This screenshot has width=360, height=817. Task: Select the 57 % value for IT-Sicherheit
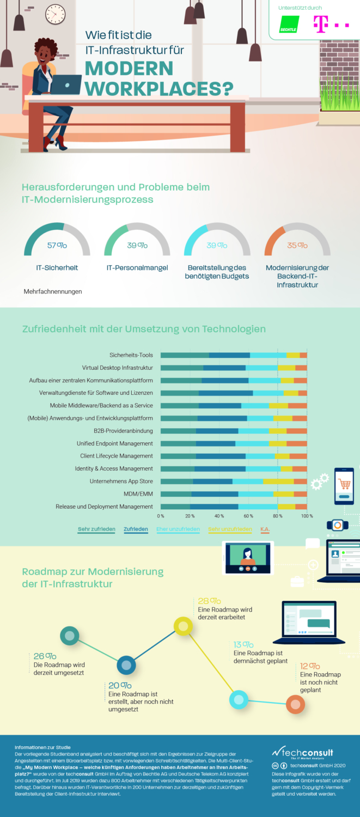tap(57, 246)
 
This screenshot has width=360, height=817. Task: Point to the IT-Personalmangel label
tap(137, 268)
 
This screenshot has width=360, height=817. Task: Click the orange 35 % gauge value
tap(297, 246)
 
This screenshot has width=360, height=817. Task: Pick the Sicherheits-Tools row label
tap(131, 355)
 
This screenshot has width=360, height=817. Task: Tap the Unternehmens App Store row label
tap(121, 481)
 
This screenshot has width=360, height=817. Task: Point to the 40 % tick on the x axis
tap(219, 515)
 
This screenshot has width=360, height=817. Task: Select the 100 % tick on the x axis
tap(307, 515)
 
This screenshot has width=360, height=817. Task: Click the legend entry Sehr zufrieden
tap(96, 529)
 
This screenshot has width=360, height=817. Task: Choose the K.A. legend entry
tap(265, 529)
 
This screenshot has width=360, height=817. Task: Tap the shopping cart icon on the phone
tap(344, 484)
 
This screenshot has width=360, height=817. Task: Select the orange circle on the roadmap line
tap(295, 704)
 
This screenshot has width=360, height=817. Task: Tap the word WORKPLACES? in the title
tap(160, 88)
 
